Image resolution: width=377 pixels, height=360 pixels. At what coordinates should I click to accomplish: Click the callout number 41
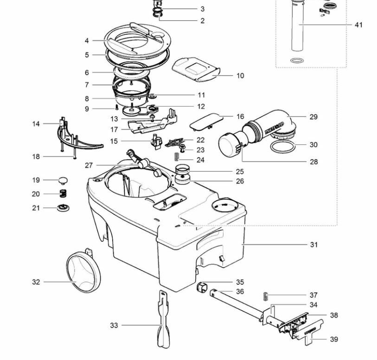coord(358,25)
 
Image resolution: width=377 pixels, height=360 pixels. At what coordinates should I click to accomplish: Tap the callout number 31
coord(314,244)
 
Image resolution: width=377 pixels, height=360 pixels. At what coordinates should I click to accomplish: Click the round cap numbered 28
coord(229,145)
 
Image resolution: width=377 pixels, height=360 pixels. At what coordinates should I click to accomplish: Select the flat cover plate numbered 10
coord(195,67)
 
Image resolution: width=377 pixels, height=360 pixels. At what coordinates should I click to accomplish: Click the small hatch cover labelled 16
coord(205,122)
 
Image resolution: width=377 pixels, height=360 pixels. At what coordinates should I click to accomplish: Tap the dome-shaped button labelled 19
coord(63,180)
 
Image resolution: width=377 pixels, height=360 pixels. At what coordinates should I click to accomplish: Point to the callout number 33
coord(114,326)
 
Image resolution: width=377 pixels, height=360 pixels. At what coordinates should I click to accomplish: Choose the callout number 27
coord(89,165)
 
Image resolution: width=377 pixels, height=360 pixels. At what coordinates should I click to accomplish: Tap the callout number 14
coord(36,124)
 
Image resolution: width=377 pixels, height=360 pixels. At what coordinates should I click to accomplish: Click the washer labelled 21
coord(63,207)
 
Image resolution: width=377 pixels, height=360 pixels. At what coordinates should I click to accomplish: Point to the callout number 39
coord(334,340)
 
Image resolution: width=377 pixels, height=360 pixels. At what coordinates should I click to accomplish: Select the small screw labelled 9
coord(118,108)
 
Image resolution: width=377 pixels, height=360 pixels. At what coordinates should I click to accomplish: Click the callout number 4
coord(87,41)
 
